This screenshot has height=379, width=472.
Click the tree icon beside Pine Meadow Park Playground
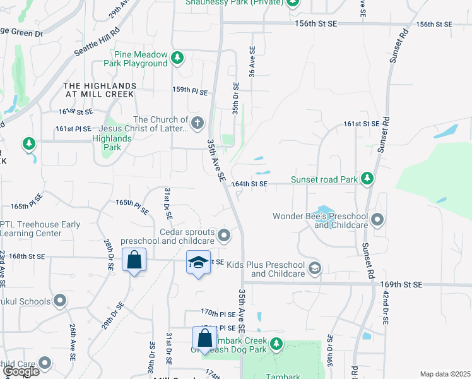[177, 59]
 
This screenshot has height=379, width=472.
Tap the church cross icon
[198, 123]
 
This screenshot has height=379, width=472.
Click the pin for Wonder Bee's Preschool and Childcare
[377, 220]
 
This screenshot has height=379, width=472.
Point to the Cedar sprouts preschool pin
[224, 236]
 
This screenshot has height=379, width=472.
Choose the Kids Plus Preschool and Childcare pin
[314, 269]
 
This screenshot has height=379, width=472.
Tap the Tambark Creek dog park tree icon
[276, 344]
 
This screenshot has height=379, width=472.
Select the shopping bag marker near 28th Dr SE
[134, 260]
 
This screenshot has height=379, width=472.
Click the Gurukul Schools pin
[61, 301]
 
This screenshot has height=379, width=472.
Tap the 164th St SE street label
[250, 184]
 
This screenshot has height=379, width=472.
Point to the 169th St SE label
[401, 285]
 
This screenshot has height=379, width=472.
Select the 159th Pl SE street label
[191, 92]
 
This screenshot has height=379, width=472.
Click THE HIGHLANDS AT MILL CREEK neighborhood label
[99, 90]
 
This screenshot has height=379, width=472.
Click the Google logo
[21, 371]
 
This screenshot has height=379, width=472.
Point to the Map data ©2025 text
[445, 374]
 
